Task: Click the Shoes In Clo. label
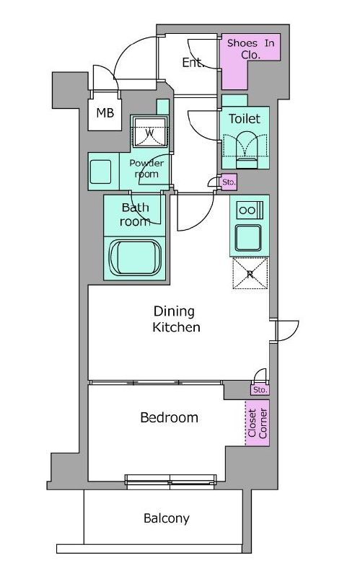250,49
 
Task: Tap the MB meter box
105,112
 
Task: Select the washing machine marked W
150,132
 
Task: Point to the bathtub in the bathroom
135,257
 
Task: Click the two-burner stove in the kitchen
250,210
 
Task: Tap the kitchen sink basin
248,238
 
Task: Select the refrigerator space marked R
250,273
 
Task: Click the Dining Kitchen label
176,319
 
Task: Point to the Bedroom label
169,417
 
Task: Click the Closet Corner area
258,422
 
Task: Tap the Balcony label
167,518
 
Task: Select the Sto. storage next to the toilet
229,182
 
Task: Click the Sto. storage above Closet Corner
260,390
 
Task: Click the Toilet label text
245,119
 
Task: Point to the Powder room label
146,169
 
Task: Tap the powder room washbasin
100,172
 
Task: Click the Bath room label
135,215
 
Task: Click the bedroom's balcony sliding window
170,479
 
